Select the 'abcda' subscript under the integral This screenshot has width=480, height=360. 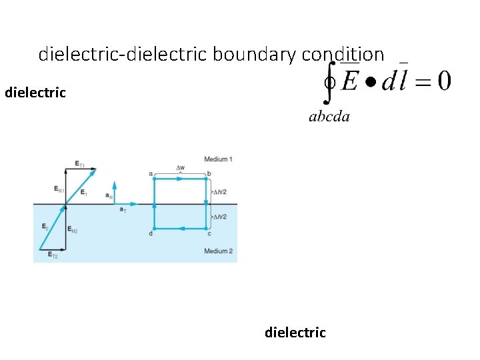pyautogui.click(x=329, y=117)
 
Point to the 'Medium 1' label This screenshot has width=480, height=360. pyautogui.click(x=218, y=159)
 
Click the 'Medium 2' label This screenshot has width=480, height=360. pyautogui.click(x=218, y=251)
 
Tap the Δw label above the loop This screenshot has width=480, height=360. pyautogui.click(x=181, y=167)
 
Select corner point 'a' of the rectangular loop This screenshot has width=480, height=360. pyautogui.click(x=151, y=174)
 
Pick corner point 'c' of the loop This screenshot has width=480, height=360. pyautogui.click(x=210, y=233)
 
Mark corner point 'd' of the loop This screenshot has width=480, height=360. pyautogui.click(x=151, y=233)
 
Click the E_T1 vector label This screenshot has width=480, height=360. pyautogui.click(x=79, y=164)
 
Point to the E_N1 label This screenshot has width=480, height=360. pyautogui.click(x=58, y=189)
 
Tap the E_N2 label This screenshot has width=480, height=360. pyautogui.click(x=73, y=230)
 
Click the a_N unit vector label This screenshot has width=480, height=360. pyautogui.click(x=109, y=195)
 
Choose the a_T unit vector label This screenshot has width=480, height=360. pyautogui.click(x=123, y=210)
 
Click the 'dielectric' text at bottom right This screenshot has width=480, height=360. pyautogui.click(x=295, y=332)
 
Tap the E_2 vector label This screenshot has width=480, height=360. pyautogui.click(x=45, y=227)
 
